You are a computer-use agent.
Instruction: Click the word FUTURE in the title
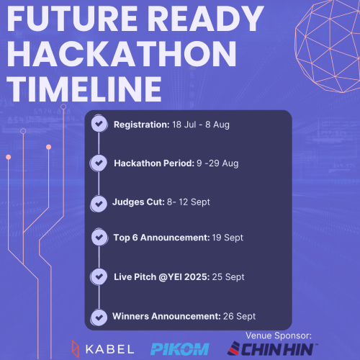point(72,19)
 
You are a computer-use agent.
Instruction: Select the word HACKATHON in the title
point(122,53)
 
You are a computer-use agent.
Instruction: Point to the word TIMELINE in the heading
point(84,89)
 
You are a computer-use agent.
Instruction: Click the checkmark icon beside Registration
point(99,124)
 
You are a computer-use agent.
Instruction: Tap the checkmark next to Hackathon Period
point(99,163)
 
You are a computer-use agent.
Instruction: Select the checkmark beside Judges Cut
point(99,204)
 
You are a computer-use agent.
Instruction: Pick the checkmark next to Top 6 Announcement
point(99,238)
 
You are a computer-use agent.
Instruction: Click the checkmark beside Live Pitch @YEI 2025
point(99,276)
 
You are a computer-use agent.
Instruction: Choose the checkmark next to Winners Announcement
point(99,318)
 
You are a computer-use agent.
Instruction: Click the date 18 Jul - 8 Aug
point(201,125)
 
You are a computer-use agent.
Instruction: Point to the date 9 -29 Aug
point(217,163)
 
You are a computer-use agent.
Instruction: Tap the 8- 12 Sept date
point(189,202)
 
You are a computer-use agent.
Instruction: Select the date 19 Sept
point(228,238)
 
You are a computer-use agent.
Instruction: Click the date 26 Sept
point(239,316)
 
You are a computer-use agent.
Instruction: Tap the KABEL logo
point(103,349)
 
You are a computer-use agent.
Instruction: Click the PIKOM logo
point(180,349)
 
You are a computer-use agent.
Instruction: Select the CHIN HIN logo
point(272,349)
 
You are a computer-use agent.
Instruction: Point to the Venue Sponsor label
point(279,336)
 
